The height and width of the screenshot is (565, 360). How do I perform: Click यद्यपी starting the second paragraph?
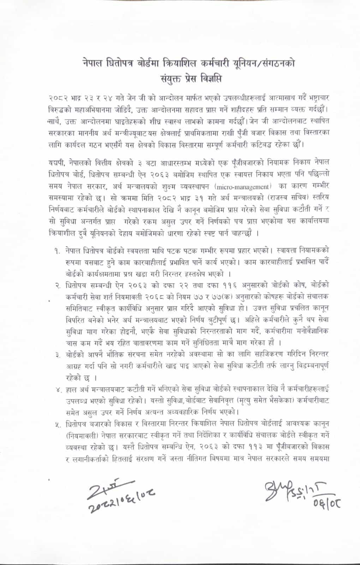pyautogui.click(x=56, y=162)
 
